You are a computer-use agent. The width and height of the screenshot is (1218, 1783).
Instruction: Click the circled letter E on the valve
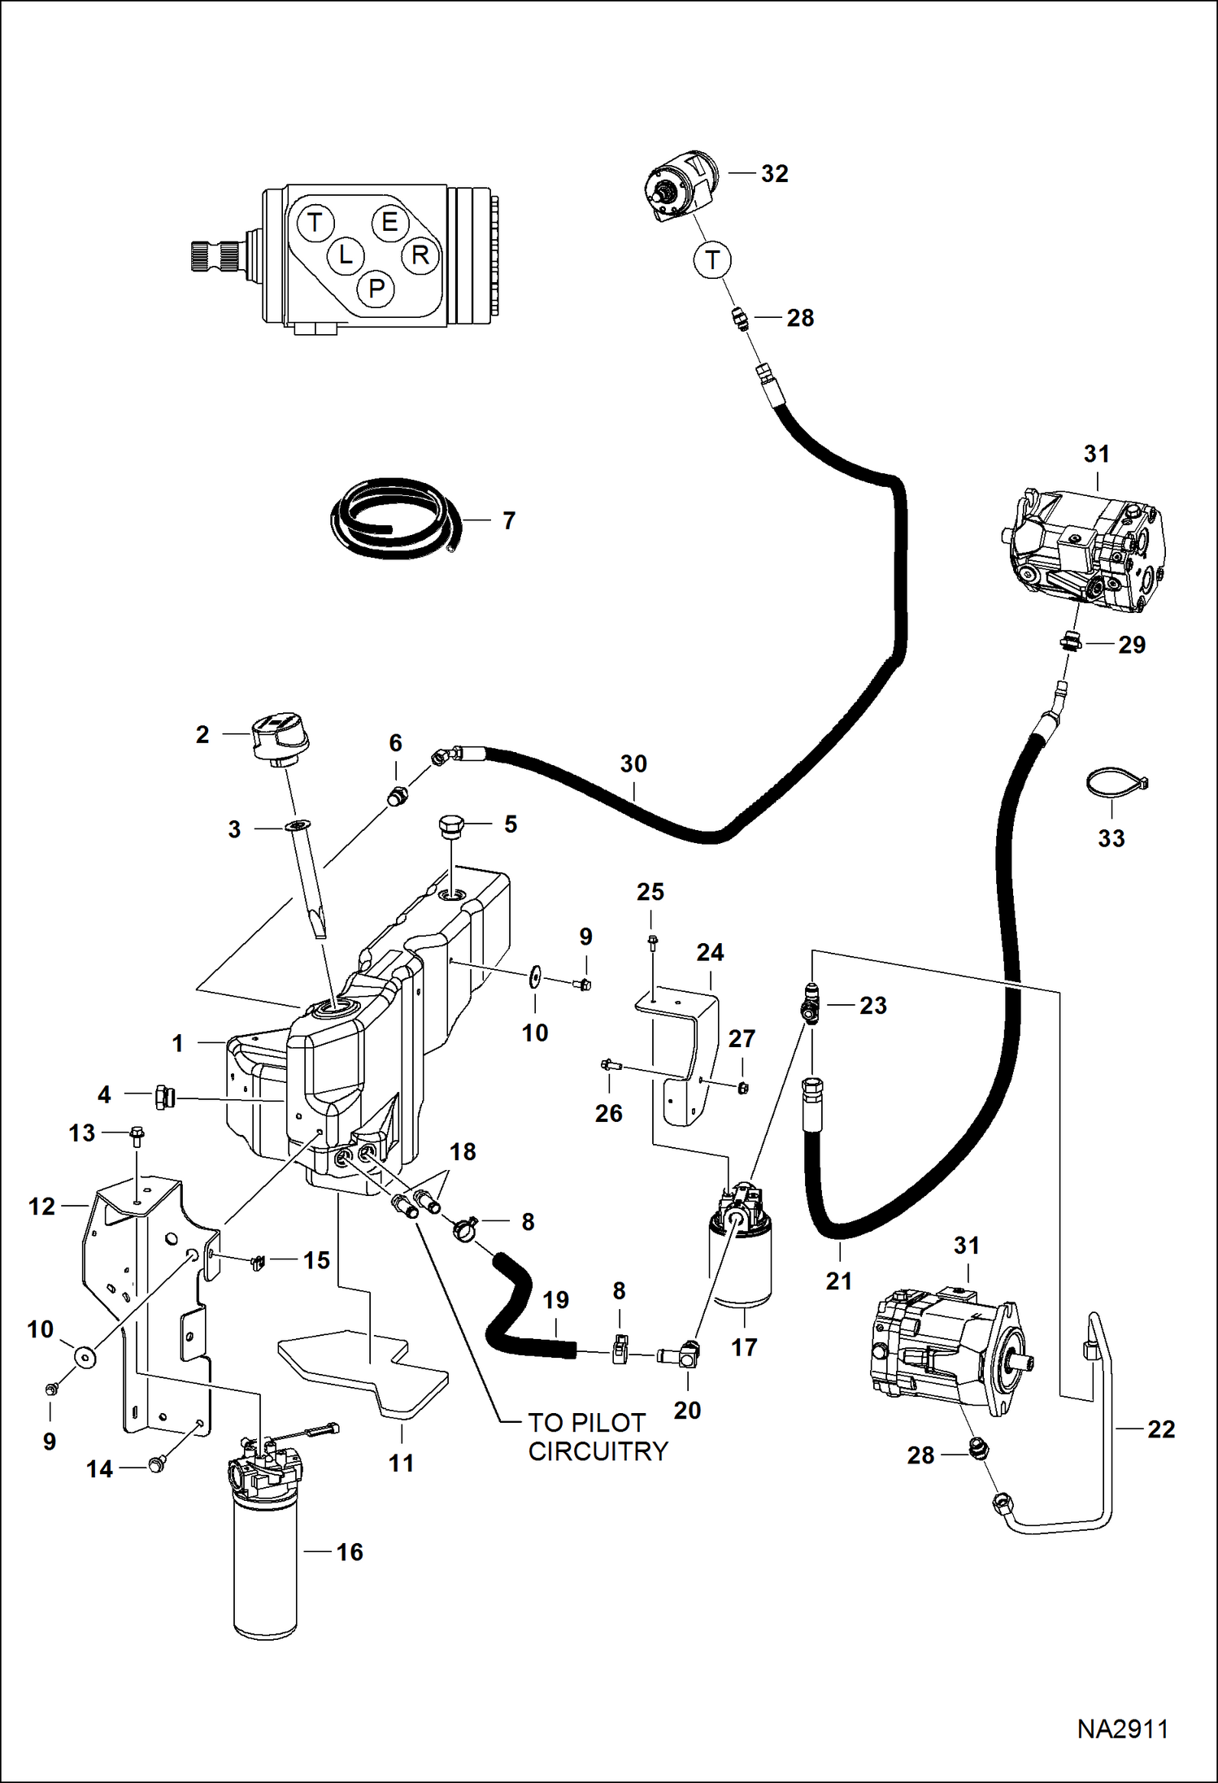point(389,222)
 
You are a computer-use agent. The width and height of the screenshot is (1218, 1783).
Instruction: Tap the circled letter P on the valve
point(376,289)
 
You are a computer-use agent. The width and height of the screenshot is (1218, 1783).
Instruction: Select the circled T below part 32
point(712,260)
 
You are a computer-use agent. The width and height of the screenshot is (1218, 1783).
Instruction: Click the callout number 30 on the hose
point(633,763)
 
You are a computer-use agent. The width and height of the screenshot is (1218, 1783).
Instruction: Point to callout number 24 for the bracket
point(710,952)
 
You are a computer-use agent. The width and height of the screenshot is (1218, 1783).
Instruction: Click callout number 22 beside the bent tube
point(1160,1429)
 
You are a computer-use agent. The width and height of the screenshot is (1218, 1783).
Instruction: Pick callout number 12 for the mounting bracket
point(41,1207)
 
